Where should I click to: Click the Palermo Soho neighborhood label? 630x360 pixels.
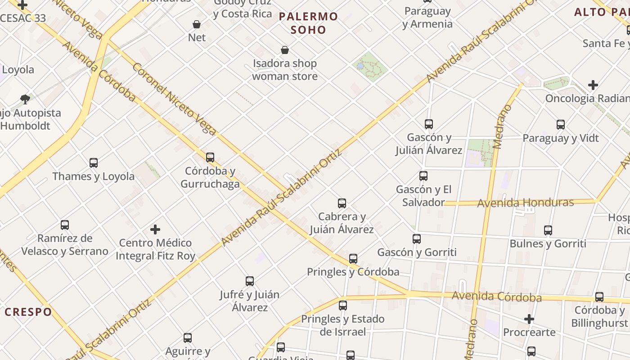pos(308,23)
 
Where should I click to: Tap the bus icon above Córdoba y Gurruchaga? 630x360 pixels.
pos(210,157)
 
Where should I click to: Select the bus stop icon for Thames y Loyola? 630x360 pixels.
pos(94,162)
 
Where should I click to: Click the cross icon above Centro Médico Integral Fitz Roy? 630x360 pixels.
pos(155,229)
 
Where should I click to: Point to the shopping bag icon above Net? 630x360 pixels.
pos(197,24)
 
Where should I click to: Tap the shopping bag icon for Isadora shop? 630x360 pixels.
pos(285,50)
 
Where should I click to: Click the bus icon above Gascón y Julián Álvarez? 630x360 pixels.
pos(429,124)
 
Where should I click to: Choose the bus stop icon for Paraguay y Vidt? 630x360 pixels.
pos(561,125)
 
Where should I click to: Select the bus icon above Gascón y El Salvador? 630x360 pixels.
pos(423,176)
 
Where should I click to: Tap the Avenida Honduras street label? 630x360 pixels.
pos(525,203)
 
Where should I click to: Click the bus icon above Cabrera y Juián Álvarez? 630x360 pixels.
pos(342,203)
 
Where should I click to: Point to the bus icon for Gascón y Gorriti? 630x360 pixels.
pos(417,239)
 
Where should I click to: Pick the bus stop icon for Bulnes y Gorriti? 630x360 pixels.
pos(548,230)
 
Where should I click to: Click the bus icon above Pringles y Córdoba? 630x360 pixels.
pos(353,259)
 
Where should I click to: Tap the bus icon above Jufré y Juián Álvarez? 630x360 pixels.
pos(250,281)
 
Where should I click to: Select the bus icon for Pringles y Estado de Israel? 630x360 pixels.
pos(343,306)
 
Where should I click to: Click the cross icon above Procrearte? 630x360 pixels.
pos(529,319)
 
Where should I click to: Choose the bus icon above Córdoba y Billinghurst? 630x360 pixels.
pos(599,297)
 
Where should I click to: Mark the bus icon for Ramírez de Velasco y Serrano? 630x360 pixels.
pos(65,225)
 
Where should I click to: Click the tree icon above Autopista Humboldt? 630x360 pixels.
pos(25,99)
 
